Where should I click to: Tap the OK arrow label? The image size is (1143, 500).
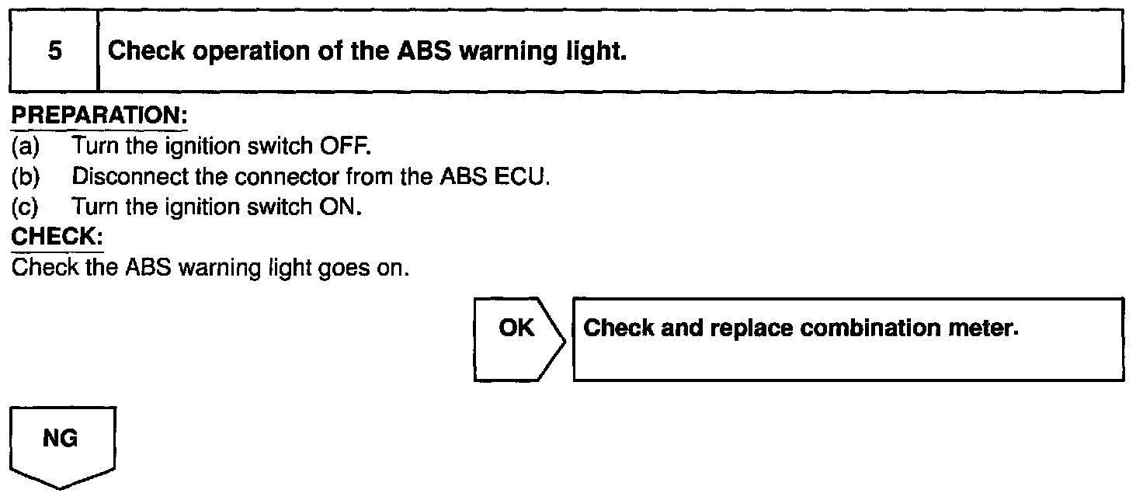point(516,328)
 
